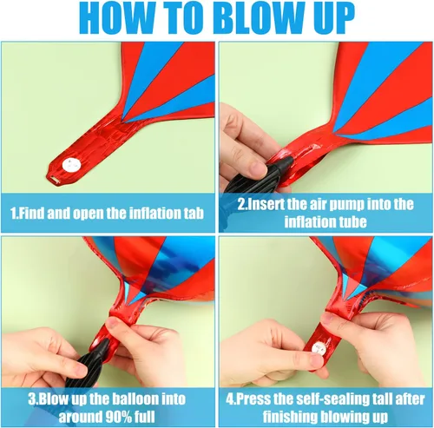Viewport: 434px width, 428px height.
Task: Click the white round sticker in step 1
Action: [x=70, y=165]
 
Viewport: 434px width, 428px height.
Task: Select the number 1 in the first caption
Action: [x=13, y=214]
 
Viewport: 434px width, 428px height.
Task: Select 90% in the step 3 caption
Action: [x=118, y=417]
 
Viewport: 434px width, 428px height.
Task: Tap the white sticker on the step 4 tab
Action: [x=317, y=346]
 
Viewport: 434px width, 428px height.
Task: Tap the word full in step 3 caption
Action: [x=145, y=417]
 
